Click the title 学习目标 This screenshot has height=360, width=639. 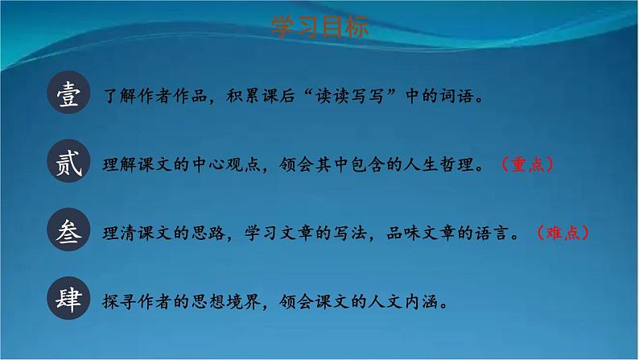320,27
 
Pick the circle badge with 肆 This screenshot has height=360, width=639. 71,301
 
